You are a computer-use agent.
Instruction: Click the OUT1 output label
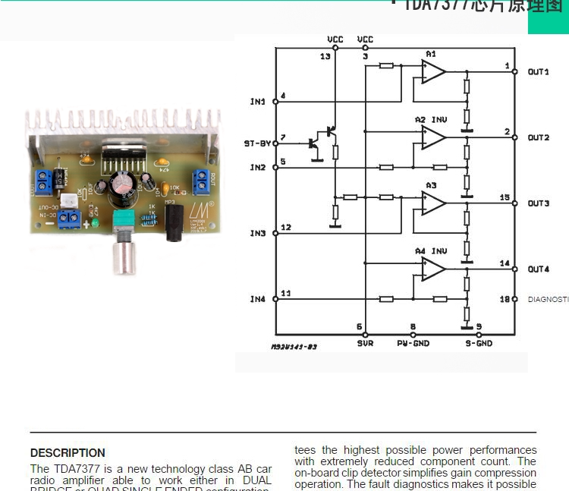pos(538,72)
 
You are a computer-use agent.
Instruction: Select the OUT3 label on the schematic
pos(538,203)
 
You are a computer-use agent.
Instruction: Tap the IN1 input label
pos(258,102)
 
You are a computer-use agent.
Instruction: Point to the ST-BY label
pos(257,143)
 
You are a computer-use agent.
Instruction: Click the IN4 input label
pos(258,299)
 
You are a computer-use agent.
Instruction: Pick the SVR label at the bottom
pos(365,344)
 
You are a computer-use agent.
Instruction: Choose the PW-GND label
pos(413,344)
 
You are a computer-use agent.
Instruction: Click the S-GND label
pos(479,344)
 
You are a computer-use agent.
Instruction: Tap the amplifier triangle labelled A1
pos(433,72)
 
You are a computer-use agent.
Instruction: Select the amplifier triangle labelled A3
pos(433,203)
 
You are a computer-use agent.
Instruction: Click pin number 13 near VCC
pos(325,57)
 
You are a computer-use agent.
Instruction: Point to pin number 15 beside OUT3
pos(505,197)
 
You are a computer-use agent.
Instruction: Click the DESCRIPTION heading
pos(68,453)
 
